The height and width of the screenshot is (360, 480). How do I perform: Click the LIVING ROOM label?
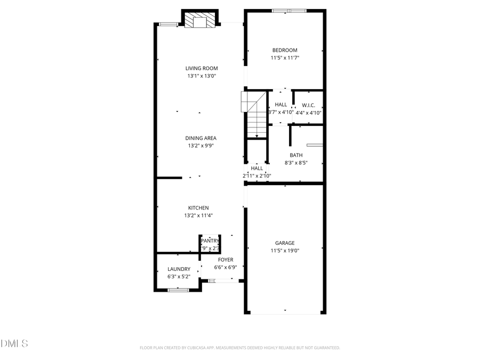pyautogui.click(x=202, y=68)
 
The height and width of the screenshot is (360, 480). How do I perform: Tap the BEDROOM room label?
pyautogui.click(x=285, y=50)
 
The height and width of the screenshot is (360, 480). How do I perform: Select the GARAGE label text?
pyautogui.click(x=285, y=243)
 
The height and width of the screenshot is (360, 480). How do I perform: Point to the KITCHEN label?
pyautogui.click(x=198, y=208)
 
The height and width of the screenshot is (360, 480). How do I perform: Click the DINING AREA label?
pyautogui.click(x=201, y=138)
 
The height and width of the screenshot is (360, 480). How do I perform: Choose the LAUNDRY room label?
pyautogui.click(x=179, y=269)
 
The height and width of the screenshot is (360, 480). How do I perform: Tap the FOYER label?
pyautogui.click(x=225, y=260)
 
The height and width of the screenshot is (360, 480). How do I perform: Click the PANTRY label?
pyautogui.click(x=210, y=241)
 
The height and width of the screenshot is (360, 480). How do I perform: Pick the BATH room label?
pyautogui.click(x=296, y=155)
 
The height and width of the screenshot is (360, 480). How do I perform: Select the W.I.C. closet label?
pyautogui.click(x=308, y=105)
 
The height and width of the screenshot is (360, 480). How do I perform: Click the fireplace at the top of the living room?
pyautogui.click(x=201, y=20)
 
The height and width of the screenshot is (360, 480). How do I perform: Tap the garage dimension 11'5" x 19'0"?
pyautogui.click(x=285, y=250)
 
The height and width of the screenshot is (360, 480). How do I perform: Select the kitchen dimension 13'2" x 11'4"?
pyautogui.click(x=198, y=215)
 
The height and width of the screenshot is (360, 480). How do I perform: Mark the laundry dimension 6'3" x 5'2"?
pyautogui.click(x=179, y=277)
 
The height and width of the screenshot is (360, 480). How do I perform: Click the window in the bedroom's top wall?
pyautogui.click(x=289, y=10)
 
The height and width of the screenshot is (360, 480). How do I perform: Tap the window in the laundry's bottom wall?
pyautogui.click(x=178, y=290)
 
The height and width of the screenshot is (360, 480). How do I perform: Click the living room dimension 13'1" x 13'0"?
pyautogui.click(x=202, y=76)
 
